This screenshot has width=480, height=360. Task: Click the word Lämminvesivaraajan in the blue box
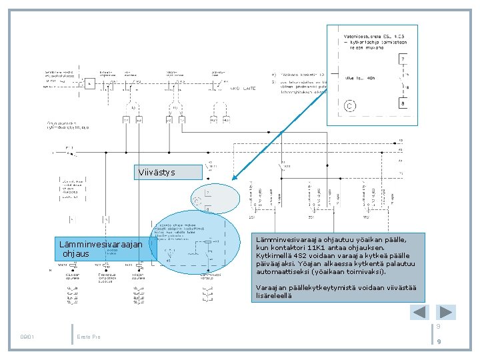[100, 245]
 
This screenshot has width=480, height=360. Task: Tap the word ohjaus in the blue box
[75, 254]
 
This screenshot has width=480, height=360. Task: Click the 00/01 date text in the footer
[28, 337]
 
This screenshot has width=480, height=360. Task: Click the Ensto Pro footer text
[89, 337]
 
